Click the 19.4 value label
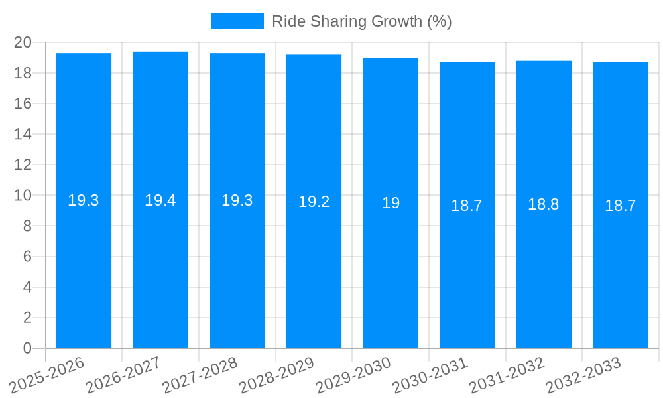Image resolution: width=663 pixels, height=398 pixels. [x=160, y=200]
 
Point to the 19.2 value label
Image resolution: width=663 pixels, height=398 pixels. [x=314, y=202]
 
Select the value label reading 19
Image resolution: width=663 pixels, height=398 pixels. [x=391, y=203]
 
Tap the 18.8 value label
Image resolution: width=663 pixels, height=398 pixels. [x=544, y=204]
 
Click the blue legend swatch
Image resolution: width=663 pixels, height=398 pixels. [x=237, y=21]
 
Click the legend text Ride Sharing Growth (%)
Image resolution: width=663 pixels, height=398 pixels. [x=362, y=21]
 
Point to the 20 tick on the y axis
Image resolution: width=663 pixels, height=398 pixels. [x=23, y=42]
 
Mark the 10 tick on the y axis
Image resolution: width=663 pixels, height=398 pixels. [x=23, y=195]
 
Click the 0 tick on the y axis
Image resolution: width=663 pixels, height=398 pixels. [x=27, y=348]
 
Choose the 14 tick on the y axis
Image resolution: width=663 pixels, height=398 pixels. [x=23, y=134]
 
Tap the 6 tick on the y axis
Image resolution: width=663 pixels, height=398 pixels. [x=27, y=257]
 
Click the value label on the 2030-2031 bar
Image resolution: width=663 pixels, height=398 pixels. [x=467, y=206]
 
